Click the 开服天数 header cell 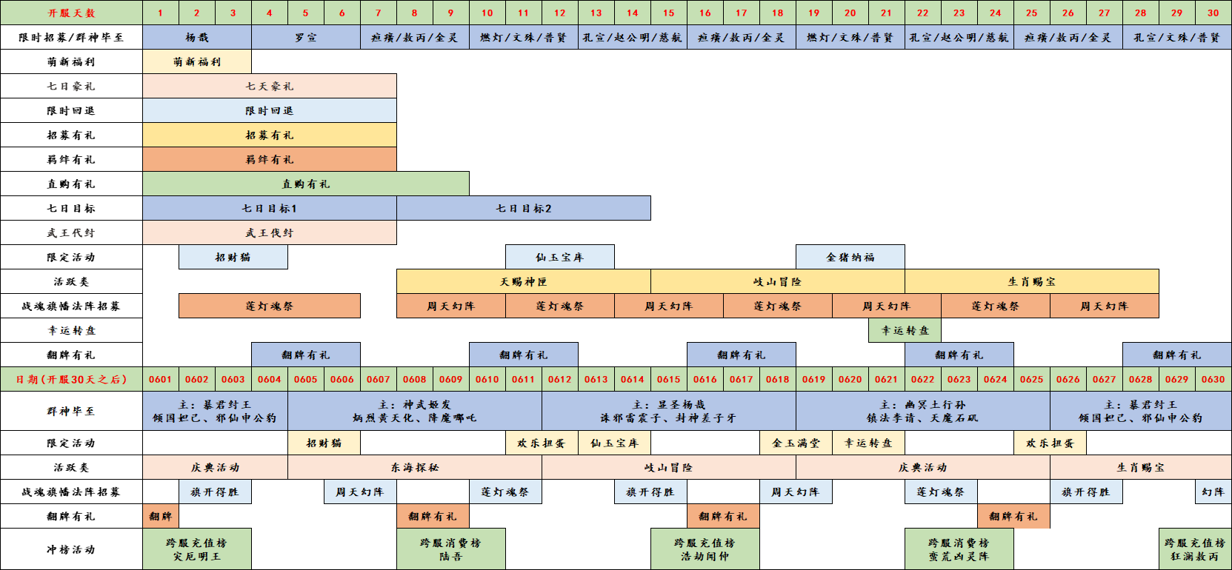72,13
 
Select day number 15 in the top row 669,13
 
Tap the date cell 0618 778,379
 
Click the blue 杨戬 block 197,37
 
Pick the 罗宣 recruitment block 306,37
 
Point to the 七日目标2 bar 524,208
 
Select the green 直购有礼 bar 306,184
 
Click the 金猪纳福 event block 850,257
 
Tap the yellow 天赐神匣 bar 524,281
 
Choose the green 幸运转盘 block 905,330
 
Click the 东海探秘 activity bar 415,467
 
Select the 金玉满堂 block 796,443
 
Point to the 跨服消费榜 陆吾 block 451,549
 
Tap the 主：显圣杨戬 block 669,411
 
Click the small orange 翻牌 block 161,516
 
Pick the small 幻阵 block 1213,492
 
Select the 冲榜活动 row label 72,549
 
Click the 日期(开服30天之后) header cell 72,379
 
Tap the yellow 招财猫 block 324,443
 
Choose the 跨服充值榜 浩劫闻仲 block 705,549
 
